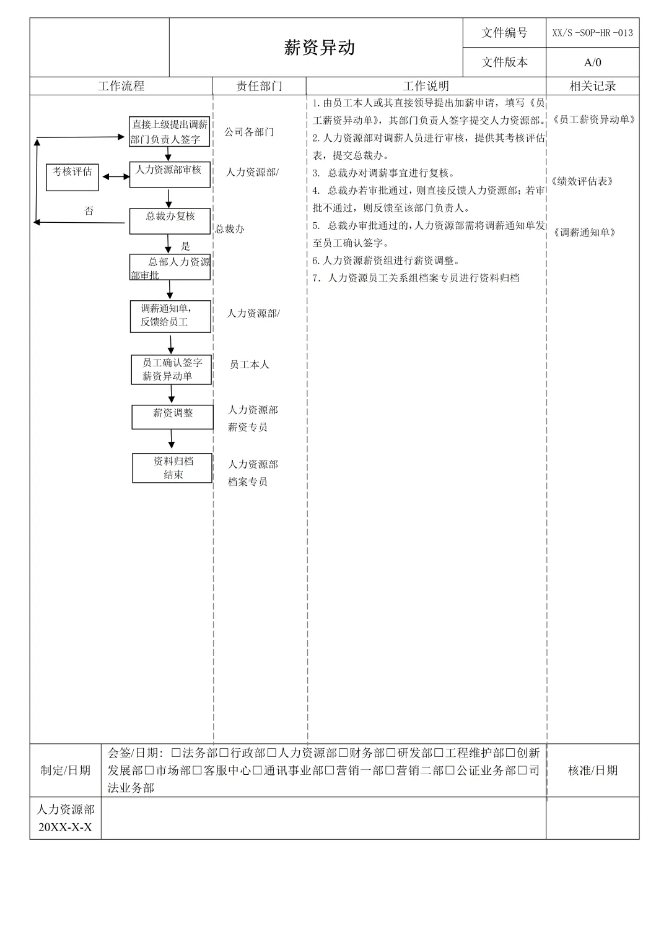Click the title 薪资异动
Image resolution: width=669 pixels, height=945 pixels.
(x=319, y=48)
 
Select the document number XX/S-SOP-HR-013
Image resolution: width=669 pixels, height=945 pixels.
(x=592, y=33)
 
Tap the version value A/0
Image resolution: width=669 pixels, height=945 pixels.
(x=592, y=62)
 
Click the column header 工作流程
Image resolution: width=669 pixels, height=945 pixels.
(x=121, y=86)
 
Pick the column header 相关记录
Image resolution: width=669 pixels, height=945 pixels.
(x=592, y=86)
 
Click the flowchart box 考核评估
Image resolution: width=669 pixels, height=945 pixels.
(x=72, y=176)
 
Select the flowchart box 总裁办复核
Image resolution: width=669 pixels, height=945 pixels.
(x=170, y=220)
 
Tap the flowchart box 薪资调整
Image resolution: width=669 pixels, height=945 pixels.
(x=172, y=416)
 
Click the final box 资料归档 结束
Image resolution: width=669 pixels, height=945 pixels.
(x=172, y=468)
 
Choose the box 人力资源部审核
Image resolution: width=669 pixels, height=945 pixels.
(x=169, y=174)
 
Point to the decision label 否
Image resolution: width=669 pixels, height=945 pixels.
(x=89, y=211)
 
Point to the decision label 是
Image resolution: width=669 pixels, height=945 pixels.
(x=185, y=246)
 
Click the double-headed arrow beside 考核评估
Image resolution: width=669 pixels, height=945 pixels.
(x=116, y=176)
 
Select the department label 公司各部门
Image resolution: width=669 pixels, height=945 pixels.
(x=249, y=132)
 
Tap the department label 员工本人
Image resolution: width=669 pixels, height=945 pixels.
(x=249, y=365)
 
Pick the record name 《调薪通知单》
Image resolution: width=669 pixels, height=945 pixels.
(x=584, y=233)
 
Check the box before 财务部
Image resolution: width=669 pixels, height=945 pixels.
(x=343, y=753)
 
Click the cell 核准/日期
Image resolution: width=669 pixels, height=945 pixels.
(x=592, y=770)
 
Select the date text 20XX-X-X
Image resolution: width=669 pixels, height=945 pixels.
(x=65, y=827)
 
